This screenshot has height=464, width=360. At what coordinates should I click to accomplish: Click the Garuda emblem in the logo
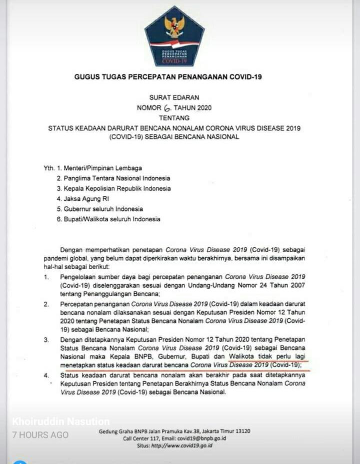point(175,26)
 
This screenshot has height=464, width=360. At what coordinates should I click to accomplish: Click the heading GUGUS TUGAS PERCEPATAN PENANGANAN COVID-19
point(168,77)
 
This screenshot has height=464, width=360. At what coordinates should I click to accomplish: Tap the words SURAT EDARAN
point(174,97)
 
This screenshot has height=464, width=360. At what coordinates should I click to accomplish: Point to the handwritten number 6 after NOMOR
point(167,108)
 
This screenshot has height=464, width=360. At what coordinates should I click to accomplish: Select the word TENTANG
point(174,118)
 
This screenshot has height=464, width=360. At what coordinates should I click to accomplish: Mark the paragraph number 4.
point(46,376)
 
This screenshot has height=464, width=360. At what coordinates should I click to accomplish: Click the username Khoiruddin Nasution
point(60,422)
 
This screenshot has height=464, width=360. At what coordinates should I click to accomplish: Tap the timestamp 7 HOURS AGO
point(40,435)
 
